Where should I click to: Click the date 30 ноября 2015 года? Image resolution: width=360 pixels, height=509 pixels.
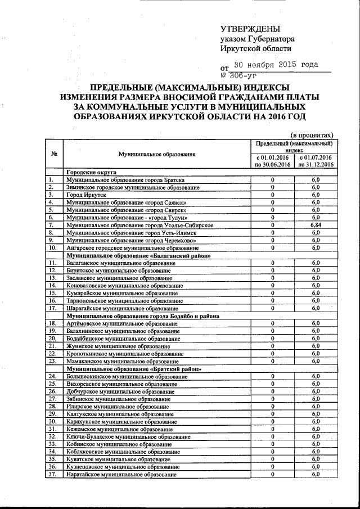276,65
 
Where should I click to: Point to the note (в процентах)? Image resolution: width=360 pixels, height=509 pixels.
312,134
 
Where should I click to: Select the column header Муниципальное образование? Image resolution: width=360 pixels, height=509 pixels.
157,154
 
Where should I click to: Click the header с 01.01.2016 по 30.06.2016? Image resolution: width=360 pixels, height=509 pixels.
272,161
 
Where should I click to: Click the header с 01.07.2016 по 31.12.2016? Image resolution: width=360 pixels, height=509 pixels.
316,161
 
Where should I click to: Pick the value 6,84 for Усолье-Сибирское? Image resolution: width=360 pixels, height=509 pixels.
316,225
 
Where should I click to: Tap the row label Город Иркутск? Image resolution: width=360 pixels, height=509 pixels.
86,195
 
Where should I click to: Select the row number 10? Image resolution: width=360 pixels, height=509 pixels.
52,247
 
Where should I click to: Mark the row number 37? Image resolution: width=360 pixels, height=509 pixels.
52,475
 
